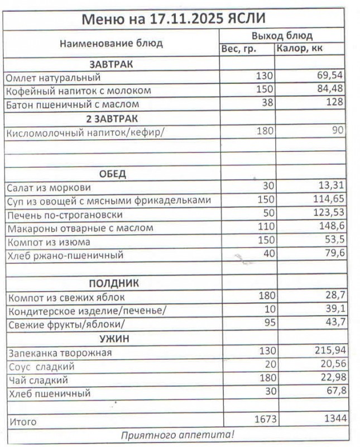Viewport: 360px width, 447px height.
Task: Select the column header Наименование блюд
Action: pyautogui.click(x=111, y=43)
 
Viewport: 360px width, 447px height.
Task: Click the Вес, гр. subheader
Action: pyautogui.click(x=239, y=49)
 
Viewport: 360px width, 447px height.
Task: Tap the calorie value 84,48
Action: pyautogui.click(x=329, y=90)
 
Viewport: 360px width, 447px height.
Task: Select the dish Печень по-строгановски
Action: pyautogui.click(x=64, y=215)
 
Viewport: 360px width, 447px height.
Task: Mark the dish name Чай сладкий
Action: pyautogui.click(x=38, y=381)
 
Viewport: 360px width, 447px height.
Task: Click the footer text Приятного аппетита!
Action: pyautogui.click(x=177, y=434)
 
